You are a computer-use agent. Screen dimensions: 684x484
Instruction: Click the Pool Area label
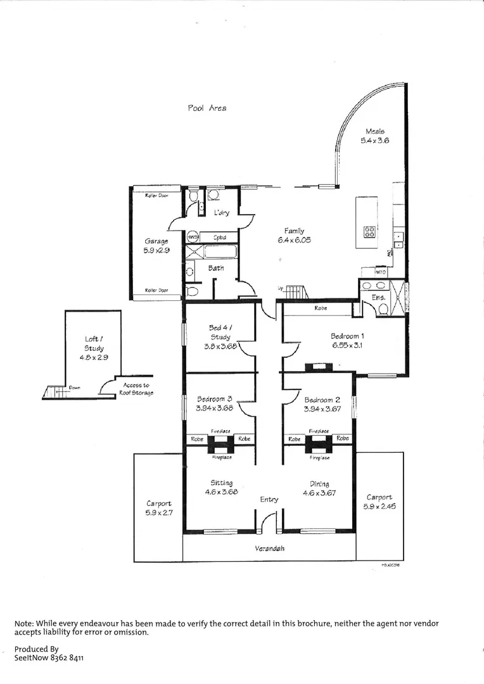207,108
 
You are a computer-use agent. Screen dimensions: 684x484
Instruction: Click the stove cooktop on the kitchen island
370,232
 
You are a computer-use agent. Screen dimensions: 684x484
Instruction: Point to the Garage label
156,241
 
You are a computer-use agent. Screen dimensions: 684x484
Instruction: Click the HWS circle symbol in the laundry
193,237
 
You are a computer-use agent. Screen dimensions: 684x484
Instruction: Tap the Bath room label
216,269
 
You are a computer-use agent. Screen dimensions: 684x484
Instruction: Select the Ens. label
378,297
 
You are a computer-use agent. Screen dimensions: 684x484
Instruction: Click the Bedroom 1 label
347,336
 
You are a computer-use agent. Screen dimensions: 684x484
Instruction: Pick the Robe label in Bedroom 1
321,308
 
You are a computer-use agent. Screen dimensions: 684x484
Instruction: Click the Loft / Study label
94,343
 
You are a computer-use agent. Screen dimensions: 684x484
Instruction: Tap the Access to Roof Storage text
136,389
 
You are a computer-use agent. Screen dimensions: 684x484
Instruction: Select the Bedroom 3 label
215,400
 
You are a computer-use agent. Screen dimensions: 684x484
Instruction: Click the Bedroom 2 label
322,400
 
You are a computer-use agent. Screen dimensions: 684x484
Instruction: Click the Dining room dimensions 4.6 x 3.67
319,492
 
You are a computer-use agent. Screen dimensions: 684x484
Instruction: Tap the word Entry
269,500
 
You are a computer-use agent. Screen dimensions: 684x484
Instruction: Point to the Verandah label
269,548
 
